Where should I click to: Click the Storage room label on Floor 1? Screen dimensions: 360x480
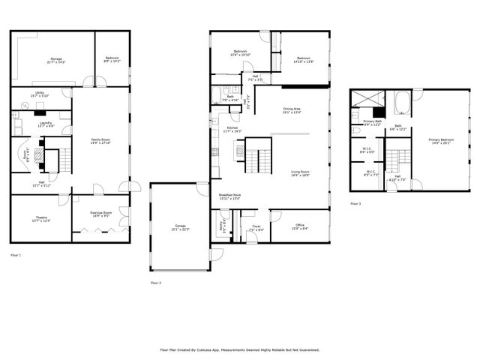(56, 61)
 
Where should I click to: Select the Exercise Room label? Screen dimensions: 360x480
(101, 214)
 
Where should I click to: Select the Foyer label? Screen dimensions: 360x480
(256, 227)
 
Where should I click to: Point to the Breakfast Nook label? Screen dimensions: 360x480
(229, 197)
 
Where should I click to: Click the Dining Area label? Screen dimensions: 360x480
(292, 111)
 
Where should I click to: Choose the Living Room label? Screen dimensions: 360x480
(300, 174)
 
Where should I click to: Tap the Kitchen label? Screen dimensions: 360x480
(232, 129)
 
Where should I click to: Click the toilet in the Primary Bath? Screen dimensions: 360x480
(355, 115)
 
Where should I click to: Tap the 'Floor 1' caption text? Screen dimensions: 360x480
(16, 256)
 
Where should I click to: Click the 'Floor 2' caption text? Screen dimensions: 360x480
(156, 283)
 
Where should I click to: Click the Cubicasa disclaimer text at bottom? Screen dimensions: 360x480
(240, 349)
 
